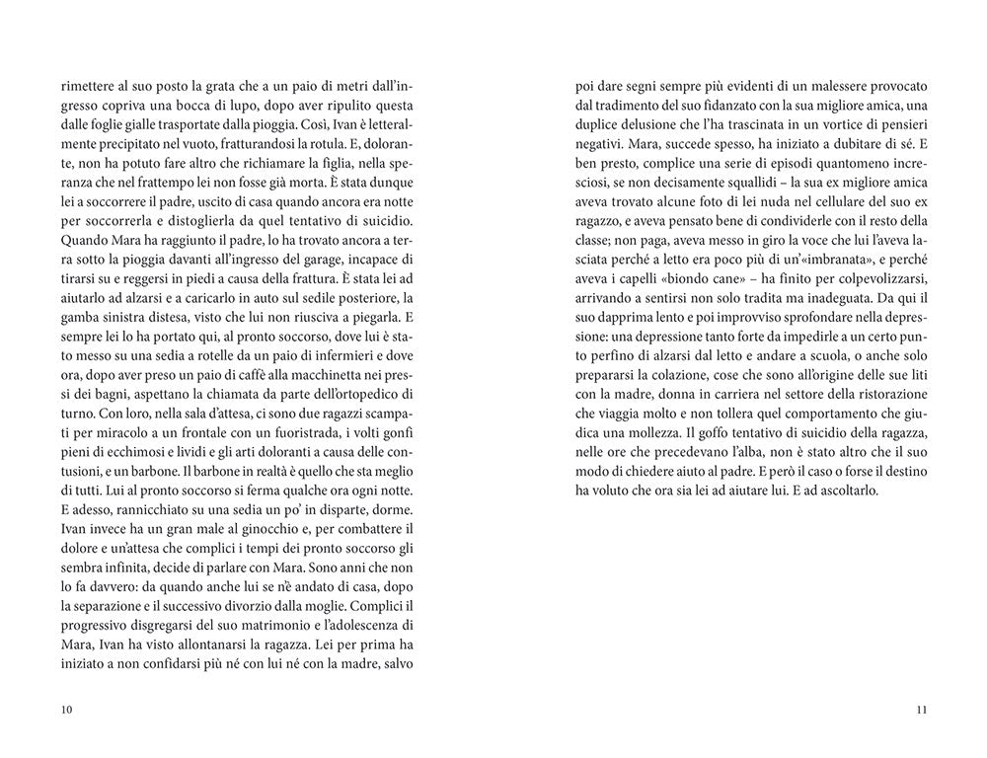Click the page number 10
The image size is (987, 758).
click(66, 709)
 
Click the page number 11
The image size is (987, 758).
click(920, 709)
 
